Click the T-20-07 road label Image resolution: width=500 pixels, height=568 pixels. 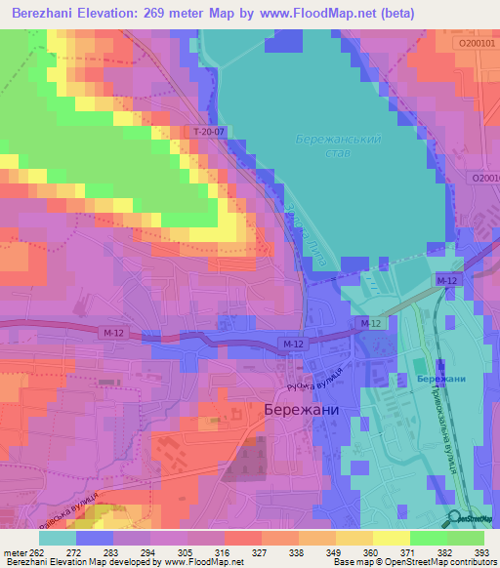[x=209, y=131]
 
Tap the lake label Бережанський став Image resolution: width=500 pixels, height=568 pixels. [x=339, y=147]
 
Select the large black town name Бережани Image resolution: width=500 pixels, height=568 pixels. [x=302, y=411]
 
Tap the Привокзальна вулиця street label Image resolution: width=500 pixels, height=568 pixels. [x=441, y=426]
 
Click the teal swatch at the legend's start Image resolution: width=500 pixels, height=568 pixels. [x=58, y=537]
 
